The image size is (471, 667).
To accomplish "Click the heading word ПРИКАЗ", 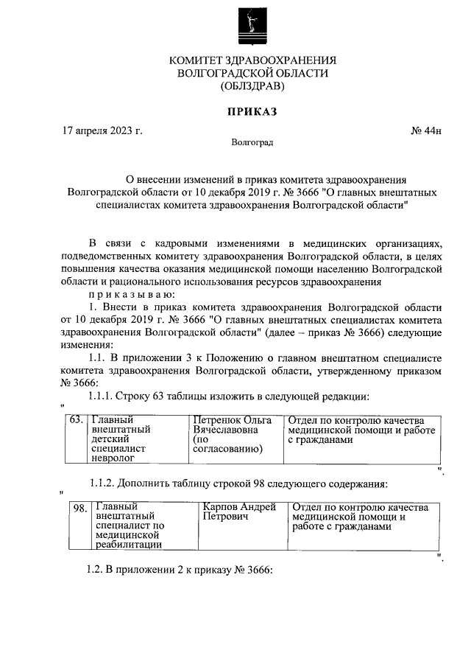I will (x=253, y=112).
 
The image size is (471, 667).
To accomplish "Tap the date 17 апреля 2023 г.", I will (x=102, y=131).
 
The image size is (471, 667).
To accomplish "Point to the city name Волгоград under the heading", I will (x=252, y=142).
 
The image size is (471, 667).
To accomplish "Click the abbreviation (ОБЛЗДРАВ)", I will (x=252, y=85).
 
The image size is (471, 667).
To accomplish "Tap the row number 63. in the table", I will (x=75, y=419).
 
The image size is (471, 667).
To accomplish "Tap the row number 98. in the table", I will (x=79, y=508).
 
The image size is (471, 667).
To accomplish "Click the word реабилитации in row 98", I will (x=128, y=545).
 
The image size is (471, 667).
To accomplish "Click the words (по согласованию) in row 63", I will (x=224, y=443).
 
